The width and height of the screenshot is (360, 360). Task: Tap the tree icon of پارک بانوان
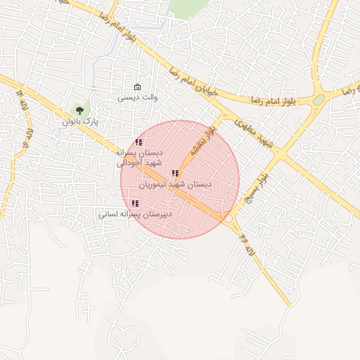[x=79, y=110]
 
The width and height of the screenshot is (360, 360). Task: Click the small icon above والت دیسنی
[x=136, y=88]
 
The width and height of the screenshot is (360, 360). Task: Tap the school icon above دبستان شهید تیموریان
[x=174, y=173]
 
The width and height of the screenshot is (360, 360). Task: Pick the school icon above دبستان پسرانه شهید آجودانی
[x=138, y=142]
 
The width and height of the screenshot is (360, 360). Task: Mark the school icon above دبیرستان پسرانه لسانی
[x=135, y=203]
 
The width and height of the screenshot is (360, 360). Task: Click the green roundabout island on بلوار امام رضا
[x=319, y=100]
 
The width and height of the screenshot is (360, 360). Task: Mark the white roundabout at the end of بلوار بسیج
[x=228, y=219]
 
